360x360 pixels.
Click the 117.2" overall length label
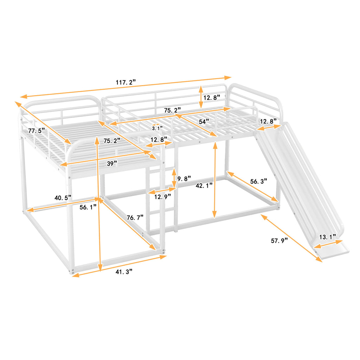tap(126, 83)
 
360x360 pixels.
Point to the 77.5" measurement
tap(37, 130)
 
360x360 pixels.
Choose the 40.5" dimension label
tap(63, 198)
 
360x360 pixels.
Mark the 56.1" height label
tap(88, 207)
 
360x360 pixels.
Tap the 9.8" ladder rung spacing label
tap(184, 179)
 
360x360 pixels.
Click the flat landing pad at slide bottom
tap(332, 250)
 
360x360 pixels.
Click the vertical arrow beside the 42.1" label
tap(214, 179)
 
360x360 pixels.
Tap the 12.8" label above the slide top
tap(268, 122)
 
